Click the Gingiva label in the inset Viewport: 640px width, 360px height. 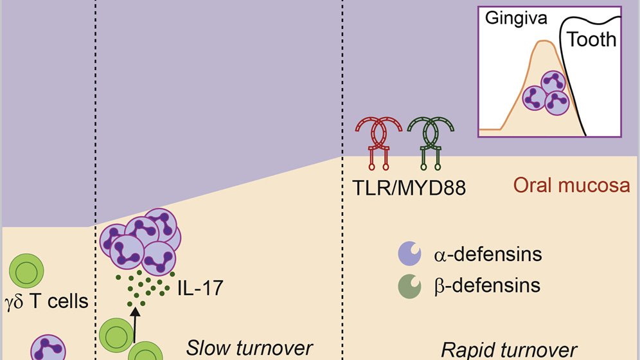coord(516,19)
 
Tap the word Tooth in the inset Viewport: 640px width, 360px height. coord(592,40)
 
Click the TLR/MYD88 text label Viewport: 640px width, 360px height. coord(409,188)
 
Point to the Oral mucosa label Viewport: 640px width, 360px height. coord(571,185)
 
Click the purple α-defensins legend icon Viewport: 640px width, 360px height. coord(409,253)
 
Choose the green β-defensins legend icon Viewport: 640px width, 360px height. coord(409,286)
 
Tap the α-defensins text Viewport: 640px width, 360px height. coord(488,254)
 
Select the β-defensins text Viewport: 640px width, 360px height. coord(488,285)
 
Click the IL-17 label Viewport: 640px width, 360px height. coord(200,288)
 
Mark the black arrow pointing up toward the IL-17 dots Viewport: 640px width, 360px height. coord(135,325)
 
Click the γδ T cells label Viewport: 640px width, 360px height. coord(46,302)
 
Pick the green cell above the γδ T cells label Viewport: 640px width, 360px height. coord(26,270)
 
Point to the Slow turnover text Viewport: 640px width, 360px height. coord(249,348)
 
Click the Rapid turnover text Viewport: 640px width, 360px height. coord(509,350)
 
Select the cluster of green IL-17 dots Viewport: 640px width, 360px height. coord(145,288)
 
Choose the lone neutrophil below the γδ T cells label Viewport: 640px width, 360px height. coord(48,348)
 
